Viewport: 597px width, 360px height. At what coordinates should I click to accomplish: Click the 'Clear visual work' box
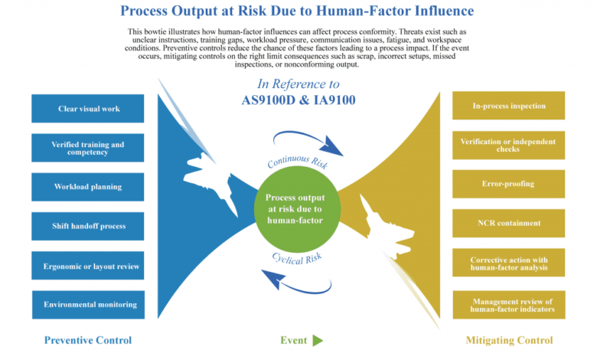click(89, 109)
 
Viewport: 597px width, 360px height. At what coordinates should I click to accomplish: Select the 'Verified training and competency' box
click(89, 148)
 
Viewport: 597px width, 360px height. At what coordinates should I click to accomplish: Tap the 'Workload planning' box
click(89, 187)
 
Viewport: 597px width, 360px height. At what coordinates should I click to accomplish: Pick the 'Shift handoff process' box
click(89, 226)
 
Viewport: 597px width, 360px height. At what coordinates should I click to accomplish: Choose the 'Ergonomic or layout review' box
click(89, 266)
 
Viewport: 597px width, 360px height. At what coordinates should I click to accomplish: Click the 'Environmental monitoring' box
click(89, 304)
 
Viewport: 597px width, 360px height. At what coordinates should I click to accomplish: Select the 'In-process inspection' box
click(509, 106)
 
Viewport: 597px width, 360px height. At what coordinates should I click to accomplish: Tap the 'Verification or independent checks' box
click(509, 145)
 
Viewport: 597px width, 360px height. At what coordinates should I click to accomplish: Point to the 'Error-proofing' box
click(509, 184)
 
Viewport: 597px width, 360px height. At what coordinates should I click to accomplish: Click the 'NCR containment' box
click(509, 223)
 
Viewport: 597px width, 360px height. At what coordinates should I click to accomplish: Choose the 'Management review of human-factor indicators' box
click(509, 305)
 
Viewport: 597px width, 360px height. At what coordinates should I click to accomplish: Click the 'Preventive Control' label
click(88, 340)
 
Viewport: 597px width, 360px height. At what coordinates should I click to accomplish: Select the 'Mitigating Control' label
click(509, 340)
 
